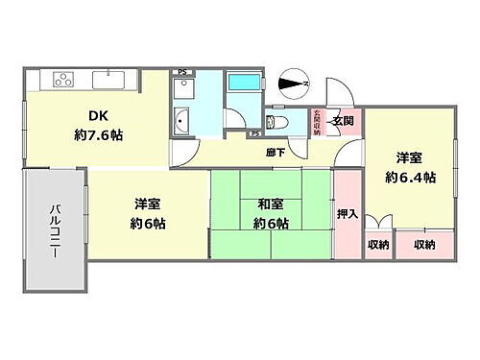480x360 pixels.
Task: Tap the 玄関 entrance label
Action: pyautogui.click(x=344, y=121)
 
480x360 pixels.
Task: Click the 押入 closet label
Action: pyautogui.click(x=348, y=214)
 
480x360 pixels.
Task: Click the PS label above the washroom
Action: pyautogui.click(x=182, y=72)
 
